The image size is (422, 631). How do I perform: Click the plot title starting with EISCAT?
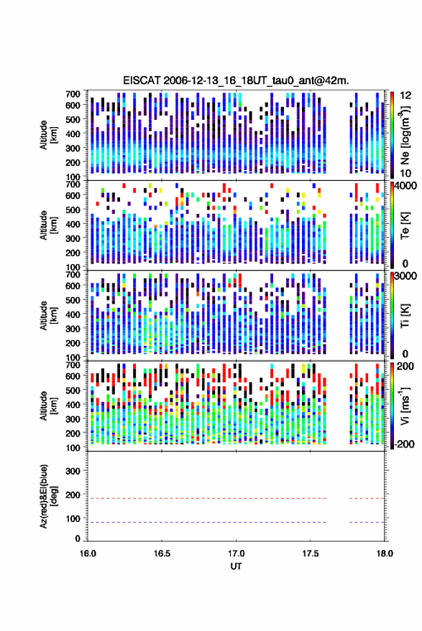click(236, 80)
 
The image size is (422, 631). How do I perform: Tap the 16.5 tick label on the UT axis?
click(162, 553)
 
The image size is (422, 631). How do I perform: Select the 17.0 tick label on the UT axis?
click(236, 553)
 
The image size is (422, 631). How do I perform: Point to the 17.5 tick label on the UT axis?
click(311, 553)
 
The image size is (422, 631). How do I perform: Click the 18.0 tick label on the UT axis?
click(385, 553)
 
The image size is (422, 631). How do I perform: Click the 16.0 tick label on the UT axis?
click(88, 553)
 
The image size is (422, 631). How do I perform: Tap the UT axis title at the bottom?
click(236, 566)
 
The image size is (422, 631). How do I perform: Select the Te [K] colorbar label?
click(405, 225)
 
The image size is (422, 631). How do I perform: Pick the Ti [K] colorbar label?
click(405, 316)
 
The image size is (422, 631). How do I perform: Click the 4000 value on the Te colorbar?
click(406, 187)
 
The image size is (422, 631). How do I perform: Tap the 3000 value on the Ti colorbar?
click(406, 276)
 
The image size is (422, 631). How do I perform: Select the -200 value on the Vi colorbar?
click(405, 444)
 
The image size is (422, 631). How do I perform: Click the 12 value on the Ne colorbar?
click(406, 95)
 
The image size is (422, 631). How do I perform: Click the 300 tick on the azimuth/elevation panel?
click(73, 471)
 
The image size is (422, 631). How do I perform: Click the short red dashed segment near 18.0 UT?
click(367, 499)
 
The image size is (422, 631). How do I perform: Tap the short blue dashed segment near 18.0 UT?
click(367, 523)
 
